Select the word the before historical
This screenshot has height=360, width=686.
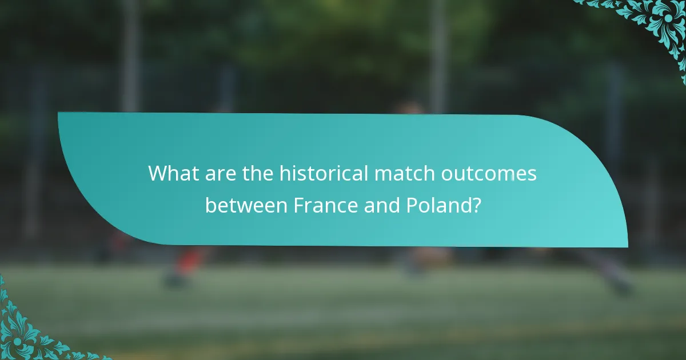coord(257,173)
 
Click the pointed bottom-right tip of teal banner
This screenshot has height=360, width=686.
coord(627,246)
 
